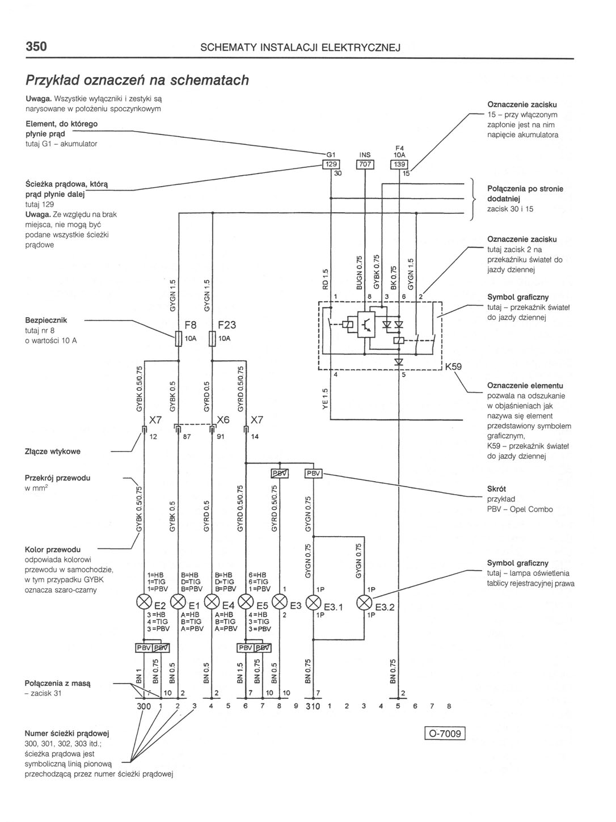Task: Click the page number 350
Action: (x=36, y=47)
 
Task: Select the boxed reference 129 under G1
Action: (x=330, y=165)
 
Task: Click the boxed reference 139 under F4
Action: (x=399, y=165)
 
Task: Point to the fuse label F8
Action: (x=191, y=325)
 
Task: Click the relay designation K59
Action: (x=453, y=366)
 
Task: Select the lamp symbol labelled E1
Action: (x=178, y=601)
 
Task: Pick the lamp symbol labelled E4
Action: (x=212, y=601)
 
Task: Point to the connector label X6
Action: (x=223, y=420)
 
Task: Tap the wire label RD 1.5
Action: (x=325, y=279)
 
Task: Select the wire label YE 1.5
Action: (x=325, y=400)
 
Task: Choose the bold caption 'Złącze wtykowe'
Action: (x=53, y=452)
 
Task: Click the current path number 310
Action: (x=313, y=707)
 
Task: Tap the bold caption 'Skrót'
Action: (x=496, y=488)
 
